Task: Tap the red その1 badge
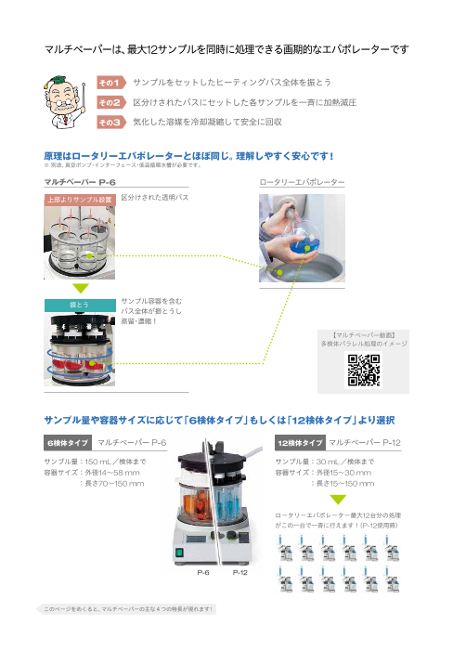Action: click(110, 83)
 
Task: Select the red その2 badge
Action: click(110, 102)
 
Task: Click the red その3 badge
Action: click(110, 122)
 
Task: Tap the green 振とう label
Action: click(79, 304)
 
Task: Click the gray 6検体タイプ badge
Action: click(69, 443)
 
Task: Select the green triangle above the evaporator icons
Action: click(338, 500)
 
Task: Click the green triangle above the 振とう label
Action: click(79, 288)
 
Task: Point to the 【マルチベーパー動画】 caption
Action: click(362, 333)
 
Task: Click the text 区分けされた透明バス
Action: click(154, 198)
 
